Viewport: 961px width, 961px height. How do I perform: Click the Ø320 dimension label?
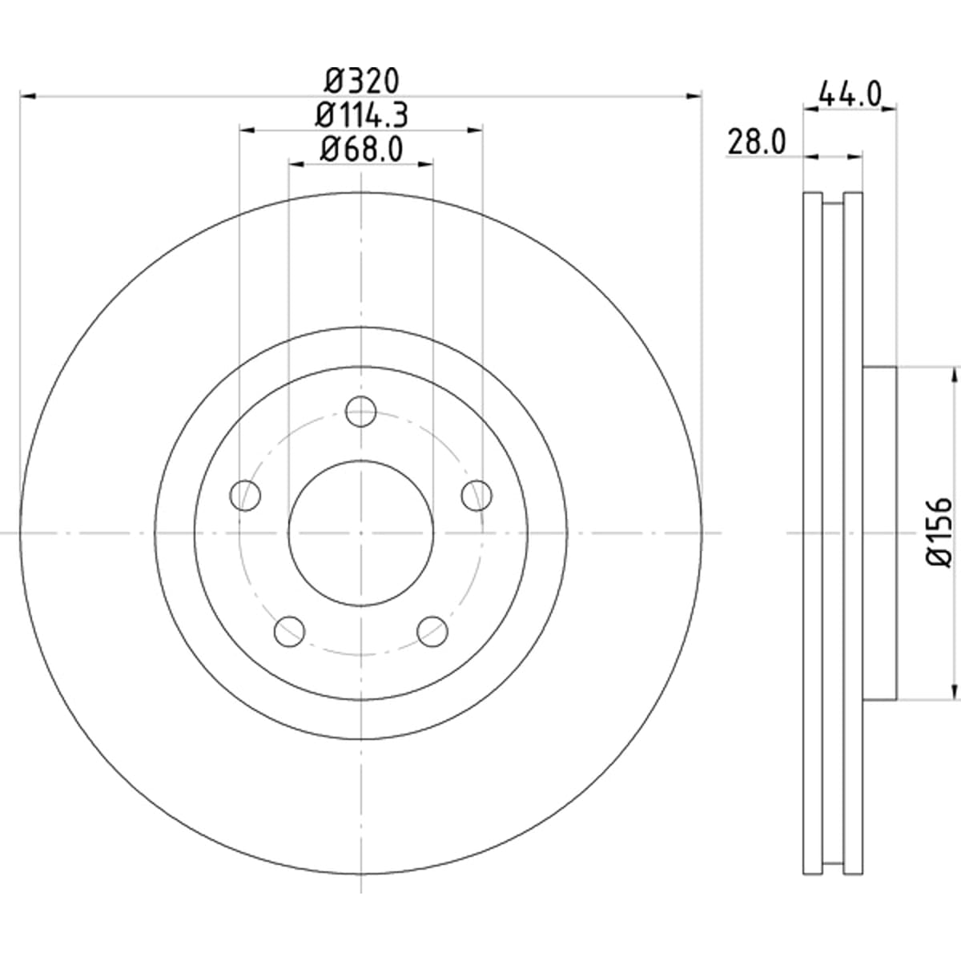coord(362,82)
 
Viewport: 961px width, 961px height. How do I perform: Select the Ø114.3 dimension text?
coord(361,115)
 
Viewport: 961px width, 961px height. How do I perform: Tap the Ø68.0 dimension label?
coord(361,149)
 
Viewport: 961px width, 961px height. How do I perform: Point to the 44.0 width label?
coord(850,94)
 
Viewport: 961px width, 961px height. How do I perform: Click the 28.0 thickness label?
coord(757,142)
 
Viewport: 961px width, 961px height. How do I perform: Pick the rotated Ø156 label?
coord(939,531)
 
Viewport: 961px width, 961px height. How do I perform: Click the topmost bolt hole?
coord(360,412)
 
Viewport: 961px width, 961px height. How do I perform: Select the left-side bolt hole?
coord(245,496)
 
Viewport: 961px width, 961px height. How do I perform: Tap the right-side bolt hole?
coord(476,496)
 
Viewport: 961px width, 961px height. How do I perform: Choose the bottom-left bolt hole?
coord(289,631)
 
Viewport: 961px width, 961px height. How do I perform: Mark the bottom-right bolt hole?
coord(432,631)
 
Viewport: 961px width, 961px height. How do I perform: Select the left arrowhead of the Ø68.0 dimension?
coord(297,163)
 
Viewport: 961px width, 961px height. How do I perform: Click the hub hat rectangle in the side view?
coord(879,533)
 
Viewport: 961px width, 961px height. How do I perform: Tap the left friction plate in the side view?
coord(813,533)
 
